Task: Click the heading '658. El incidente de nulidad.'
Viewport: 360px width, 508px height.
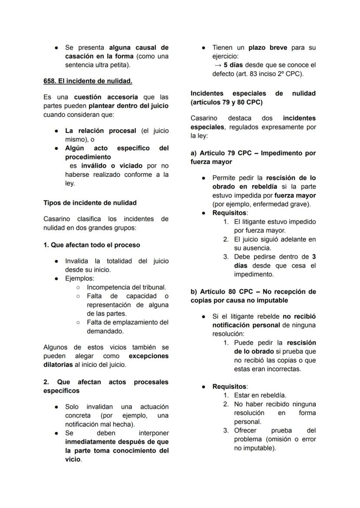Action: pyautogui.click(x=88, y=81)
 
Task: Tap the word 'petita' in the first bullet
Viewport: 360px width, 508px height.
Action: pyautogui.click(x=120, y=65)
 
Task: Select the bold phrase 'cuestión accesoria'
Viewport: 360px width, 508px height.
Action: pyautogui.click(x=106, y=97)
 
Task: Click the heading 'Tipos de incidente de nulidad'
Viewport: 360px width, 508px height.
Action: pyautogui.click(x=90, y=203)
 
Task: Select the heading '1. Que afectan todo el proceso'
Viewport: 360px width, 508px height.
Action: pyautogui.click(x=92, y=245)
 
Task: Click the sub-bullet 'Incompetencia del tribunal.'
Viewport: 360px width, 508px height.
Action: pyautogui.click(x=126, y=287)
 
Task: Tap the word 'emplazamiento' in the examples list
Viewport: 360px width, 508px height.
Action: pyautogui.click(x=130, y=322)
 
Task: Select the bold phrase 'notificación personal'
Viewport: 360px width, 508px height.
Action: pyautogui.click(x=246, y=325)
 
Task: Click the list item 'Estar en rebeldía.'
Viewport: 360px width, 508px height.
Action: pyautogui.click(x=260, y=395)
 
